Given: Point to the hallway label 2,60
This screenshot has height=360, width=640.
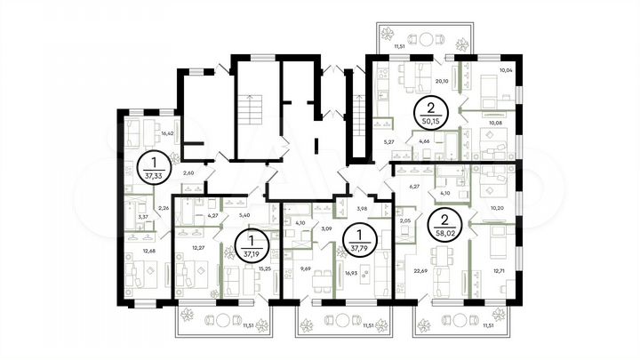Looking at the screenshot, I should click(x=188, y=173).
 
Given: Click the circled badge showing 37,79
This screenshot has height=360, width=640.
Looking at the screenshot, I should click(x=359, y=241).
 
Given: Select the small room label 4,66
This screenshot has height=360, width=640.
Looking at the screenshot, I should click(x=424, y=141).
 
